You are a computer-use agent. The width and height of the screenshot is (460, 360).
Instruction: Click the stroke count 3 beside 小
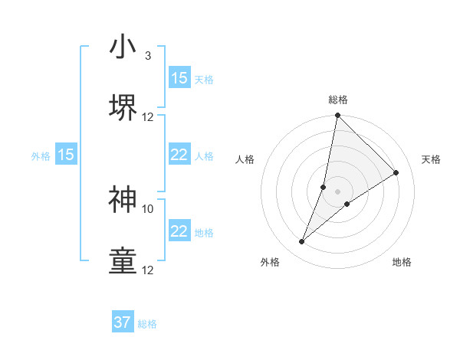pos(147,56)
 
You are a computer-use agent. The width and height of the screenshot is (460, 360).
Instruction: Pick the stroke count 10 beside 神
pos(148,208)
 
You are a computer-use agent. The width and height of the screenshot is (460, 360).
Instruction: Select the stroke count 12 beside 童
pos(148,270)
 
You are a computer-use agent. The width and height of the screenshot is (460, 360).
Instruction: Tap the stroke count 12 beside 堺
pos(148,117)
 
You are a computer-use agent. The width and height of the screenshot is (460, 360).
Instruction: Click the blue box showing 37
pos(123,322)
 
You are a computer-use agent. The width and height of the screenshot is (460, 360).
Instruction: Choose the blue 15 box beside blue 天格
pos(179,78)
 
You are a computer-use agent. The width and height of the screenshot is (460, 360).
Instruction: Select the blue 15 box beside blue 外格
pos(66,155)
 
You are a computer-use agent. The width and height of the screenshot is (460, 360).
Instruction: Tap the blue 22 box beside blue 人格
pos(179,155)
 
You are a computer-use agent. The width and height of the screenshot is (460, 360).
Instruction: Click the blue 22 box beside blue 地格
pos(179,231)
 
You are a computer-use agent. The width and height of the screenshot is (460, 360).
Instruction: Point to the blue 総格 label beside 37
pos(147,324)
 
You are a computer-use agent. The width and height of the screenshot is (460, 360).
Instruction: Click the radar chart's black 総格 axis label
pos(338,100)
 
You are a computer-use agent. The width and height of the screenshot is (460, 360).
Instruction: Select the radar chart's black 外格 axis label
pos(270,262)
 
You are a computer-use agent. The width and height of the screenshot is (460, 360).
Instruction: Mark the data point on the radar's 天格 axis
pos(396,173)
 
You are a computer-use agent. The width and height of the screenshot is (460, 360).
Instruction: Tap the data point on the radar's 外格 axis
pos(302,242)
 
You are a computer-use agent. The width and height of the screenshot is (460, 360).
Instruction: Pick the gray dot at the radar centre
pos(338,191)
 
